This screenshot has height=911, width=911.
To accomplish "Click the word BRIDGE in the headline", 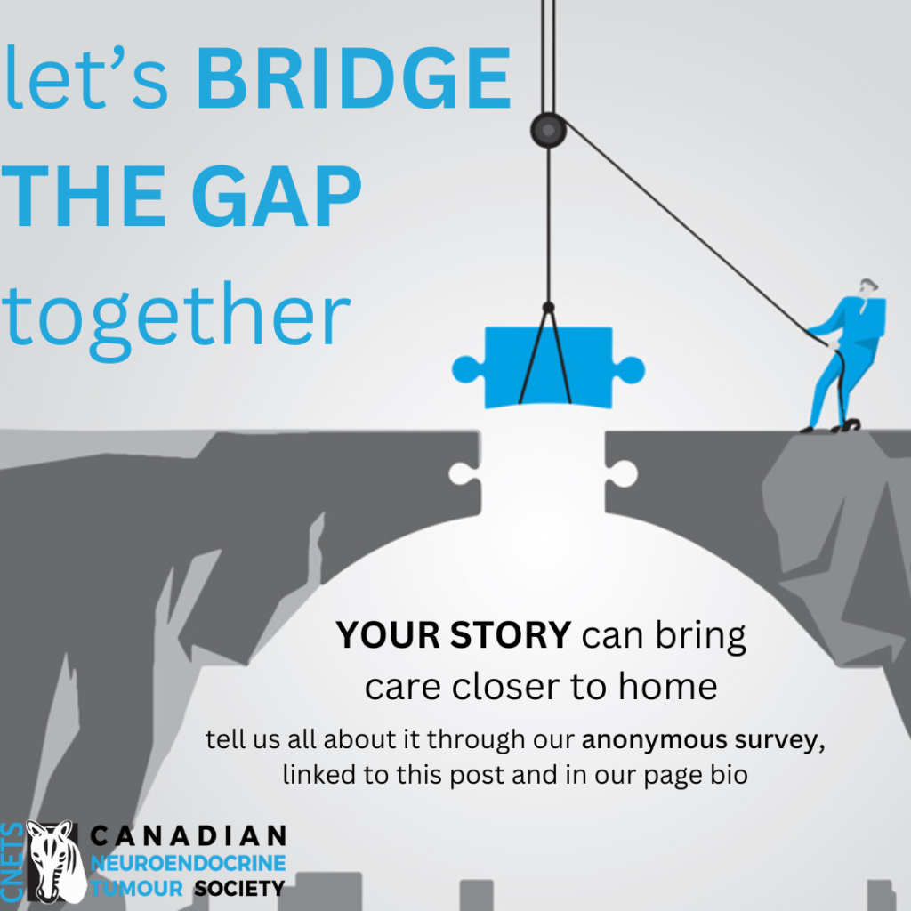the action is coord(354,78).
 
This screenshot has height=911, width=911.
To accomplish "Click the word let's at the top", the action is coord(86,78).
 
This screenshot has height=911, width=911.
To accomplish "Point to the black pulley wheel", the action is coord(548,130).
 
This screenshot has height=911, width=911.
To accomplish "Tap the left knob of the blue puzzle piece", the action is coord(466,369).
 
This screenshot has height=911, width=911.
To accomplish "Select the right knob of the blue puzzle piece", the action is coord(631,370).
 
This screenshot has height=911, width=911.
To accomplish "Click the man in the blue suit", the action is coord(845,356).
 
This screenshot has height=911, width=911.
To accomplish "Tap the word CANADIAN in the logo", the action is coord(189,836).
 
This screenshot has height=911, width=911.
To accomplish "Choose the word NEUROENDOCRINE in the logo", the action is coord(189,863).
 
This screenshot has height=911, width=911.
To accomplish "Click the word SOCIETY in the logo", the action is coord(238,889).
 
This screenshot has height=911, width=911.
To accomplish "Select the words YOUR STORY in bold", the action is coord(453,634).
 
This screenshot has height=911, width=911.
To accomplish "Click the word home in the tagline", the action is coord(667,686).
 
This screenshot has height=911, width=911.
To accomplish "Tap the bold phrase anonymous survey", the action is coord(703,740).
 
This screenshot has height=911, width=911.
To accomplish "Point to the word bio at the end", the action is coord(730,775).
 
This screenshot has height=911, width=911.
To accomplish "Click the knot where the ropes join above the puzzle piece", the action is coord(548,307).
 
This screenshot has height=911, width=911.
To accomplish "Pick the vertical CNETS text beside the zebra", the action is coord(12,862).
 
